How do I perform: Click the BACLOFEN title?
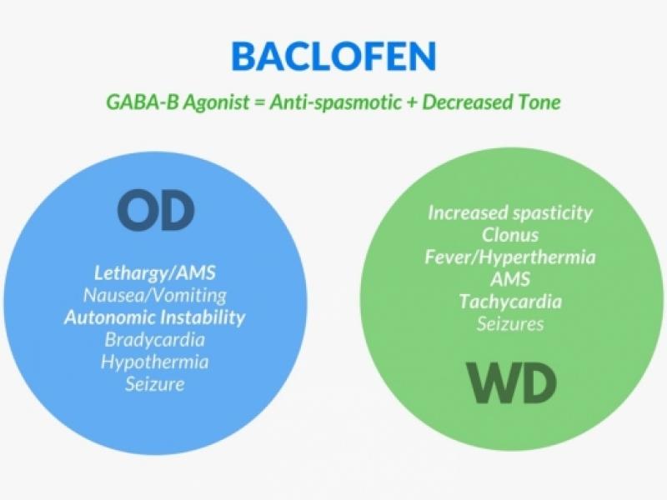(x=333, y=56)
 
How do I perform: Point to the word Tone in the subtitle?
(x=538, y=104)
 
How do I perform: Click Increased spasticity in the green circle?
(x=510, y=212)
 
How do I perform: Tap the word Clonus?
(x=510, y=235)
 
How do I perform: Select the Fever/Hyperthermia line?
(x=510, y=257)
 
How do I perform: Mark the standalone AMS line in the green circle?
(x=510, y=279)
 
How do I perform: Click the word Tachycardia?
(x=510, y=302)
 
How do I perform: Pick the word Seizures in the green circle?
(x=510, y=323)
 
